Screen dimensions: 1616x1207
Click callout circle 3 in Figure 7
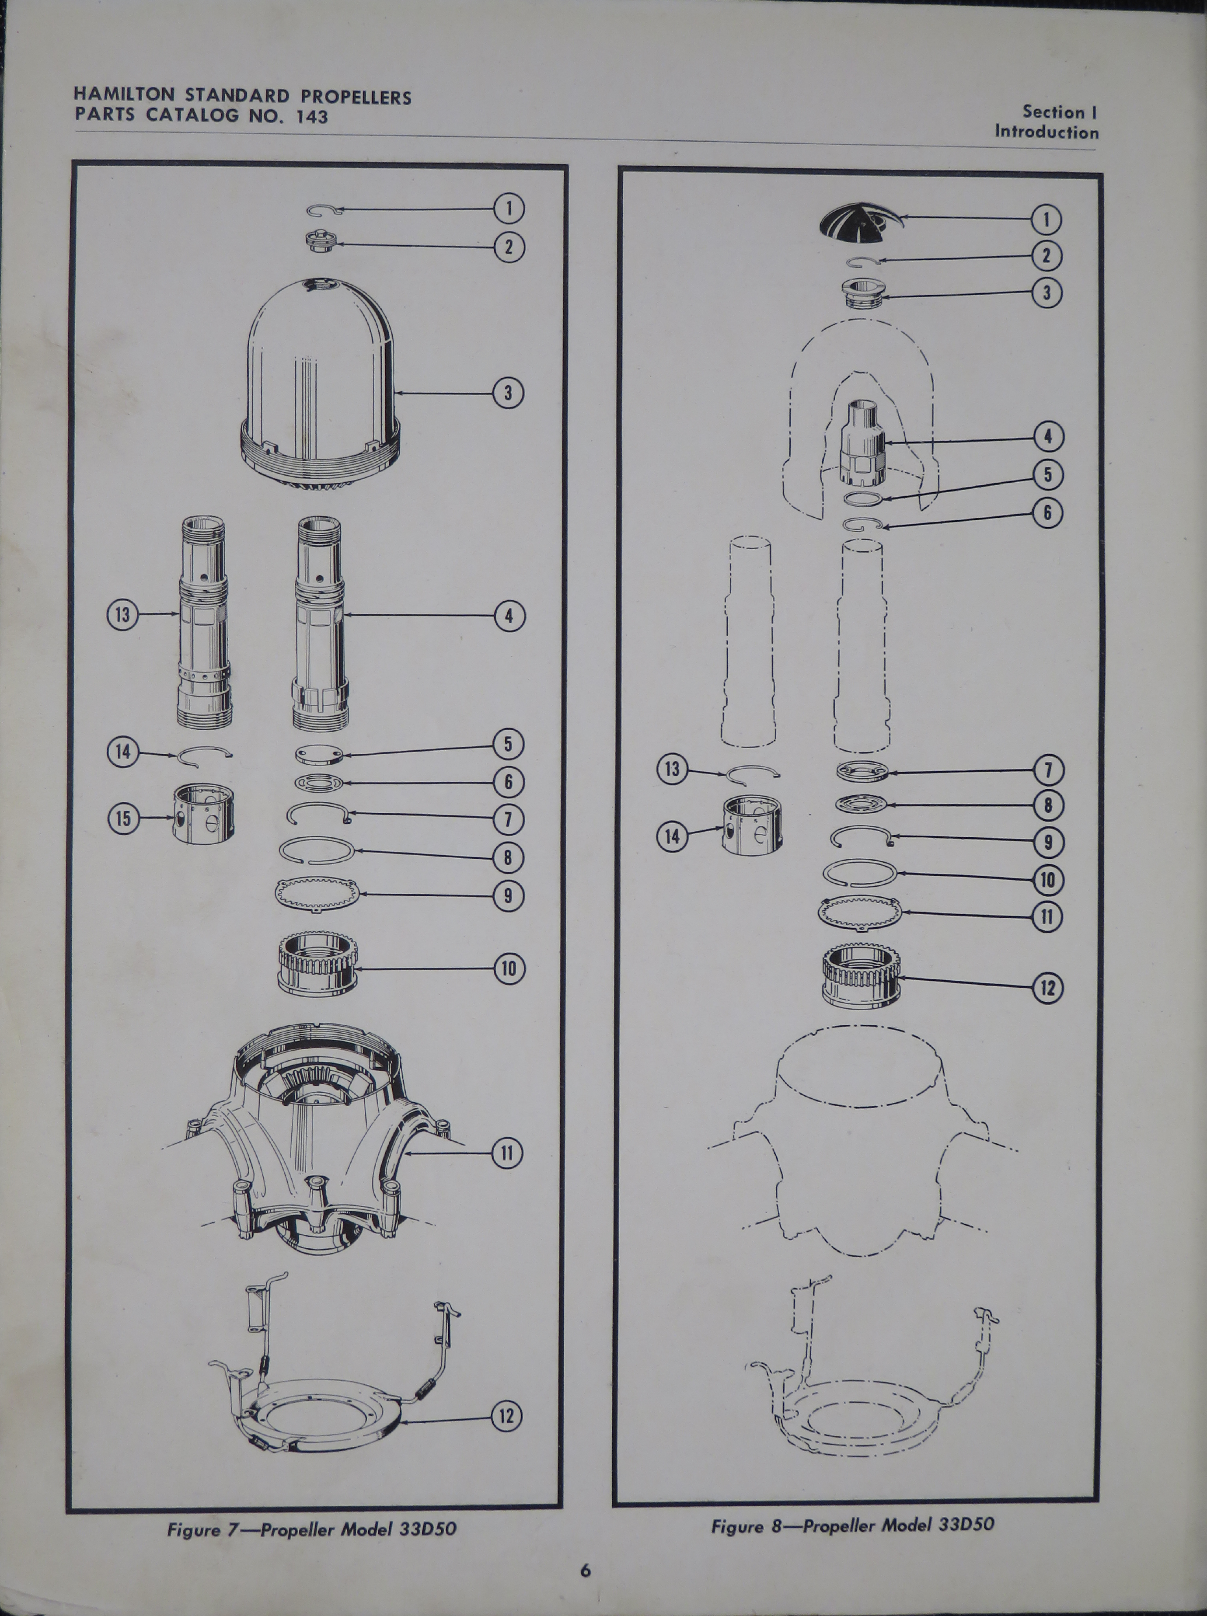click(x=509, y=393)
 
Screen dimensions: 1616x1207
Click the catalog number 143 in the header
click(x=312, y=116)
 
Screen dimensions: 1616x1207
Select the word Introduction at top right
click(x=1046, y=132)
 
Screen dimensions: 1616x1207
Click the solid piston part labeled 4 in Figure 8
click(x=864, y=442)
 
